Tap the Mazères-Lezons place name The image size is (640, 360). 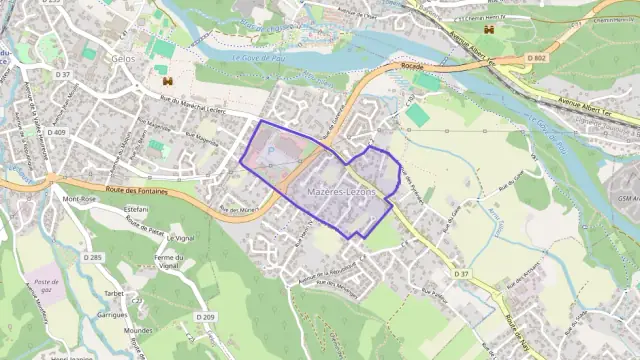pyautogui.click(x=342, y=190)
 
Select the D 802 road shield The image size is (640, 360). pyautogui.click(x=537, y=59)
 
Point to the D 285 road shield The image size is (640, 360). pyautogui.click(x=93, y=257)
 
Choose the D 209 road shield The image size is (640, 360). pyautogui.click(x=206, y=317)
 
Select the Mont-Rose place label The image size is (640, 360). pyautogui.click(x=79, y=199)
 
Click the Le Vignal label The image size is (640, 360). pyautogui.click(x=181, y=238)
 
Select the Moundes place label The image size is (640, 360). pyautogui.click(x=138, y=330)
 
